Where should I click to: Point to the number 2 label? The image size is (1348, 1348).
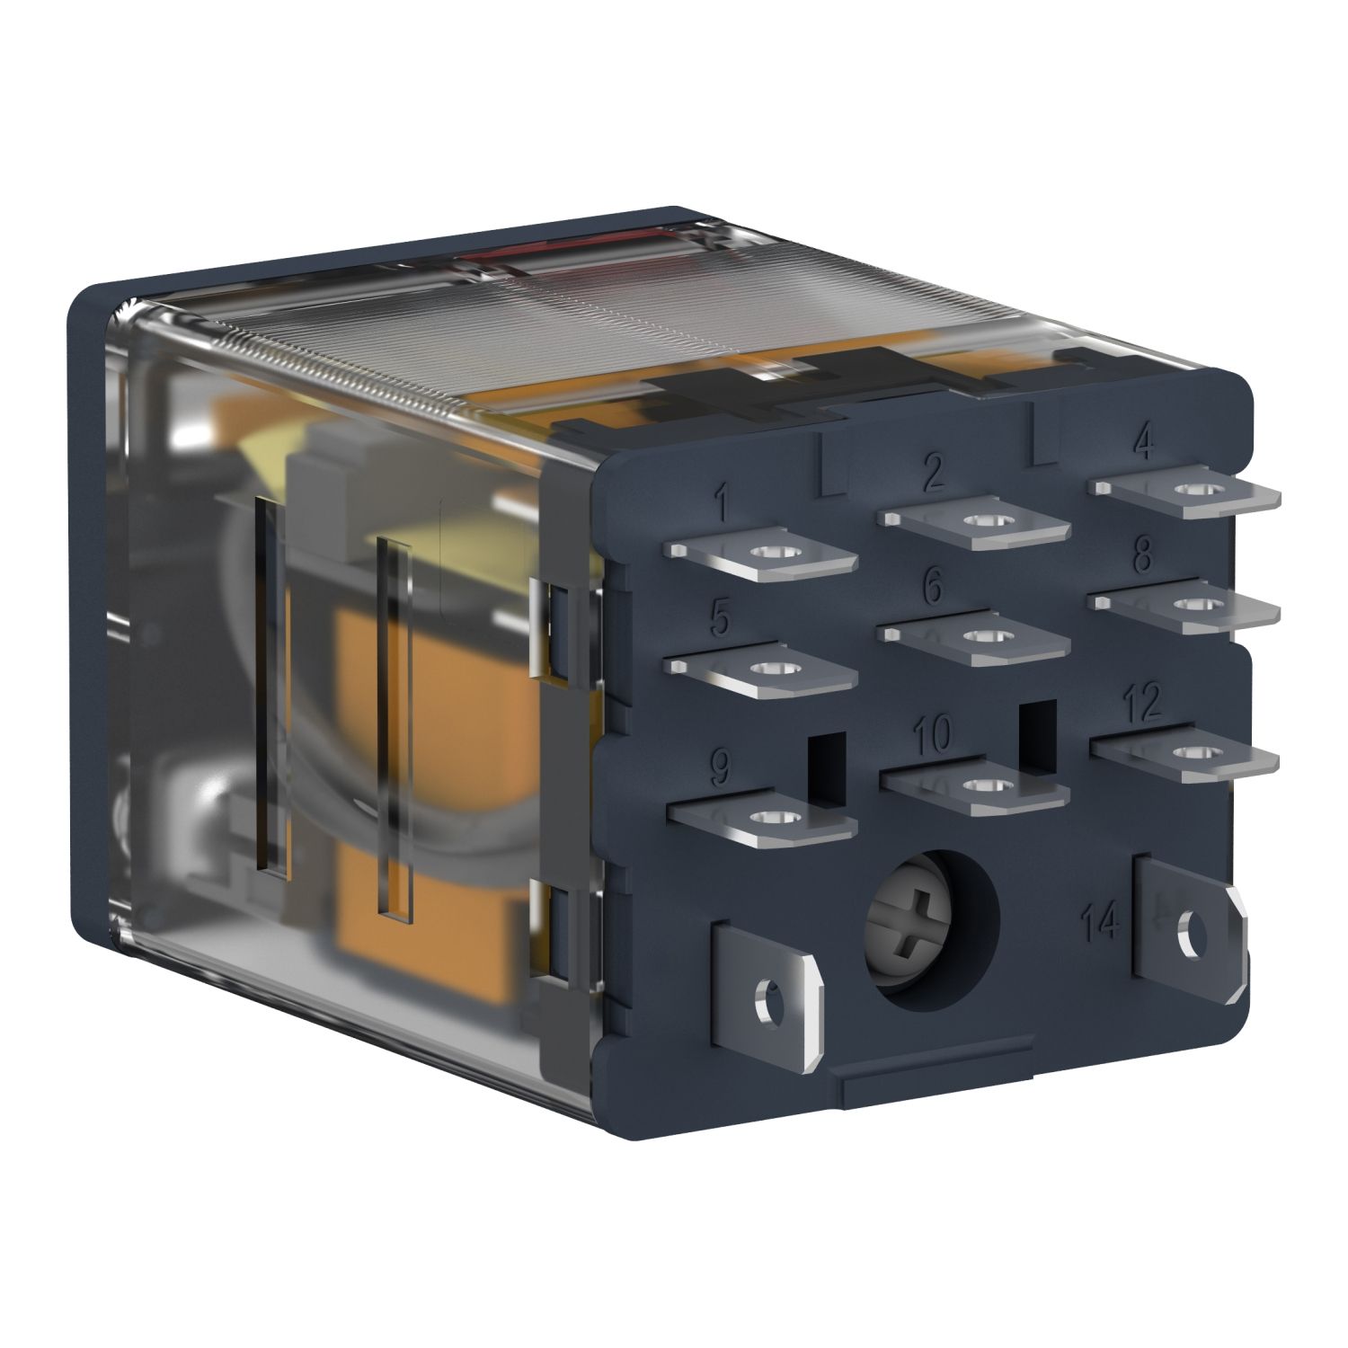(x=934, y=472)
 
